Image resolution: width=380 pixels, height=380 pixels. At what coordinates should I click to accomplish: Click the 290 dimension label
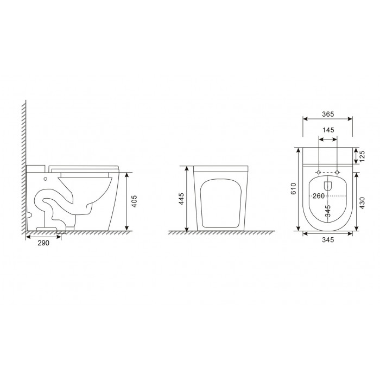[43, 243]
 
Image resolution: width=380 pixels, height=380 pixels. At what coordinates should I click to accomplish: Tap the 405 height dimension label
[134, 201]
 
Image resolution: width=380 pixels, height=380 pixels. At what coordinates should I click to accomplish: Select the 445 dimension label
[181, 199]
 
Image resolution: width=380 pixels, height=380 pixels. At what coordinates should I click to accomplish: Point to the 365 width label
[328, 114]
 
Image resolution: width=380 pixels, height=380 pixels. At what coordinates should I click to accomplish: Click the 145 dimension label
[328, 130]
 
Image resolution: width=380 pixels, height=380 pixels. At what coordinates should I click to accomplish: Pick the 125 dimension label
[362, 156]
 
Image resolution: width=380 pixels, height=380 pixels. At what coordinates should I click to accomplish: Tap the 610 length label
[293, 188]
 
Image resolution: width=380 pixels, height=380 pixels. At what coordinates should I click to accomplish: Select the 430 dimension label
[362, 203]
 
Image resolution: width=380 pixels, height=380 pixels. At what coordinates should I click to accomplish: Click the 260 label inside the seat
[319, 195]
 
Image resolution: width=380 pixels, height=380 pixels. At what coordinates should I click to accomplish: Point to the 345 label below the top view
[328, 240]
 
